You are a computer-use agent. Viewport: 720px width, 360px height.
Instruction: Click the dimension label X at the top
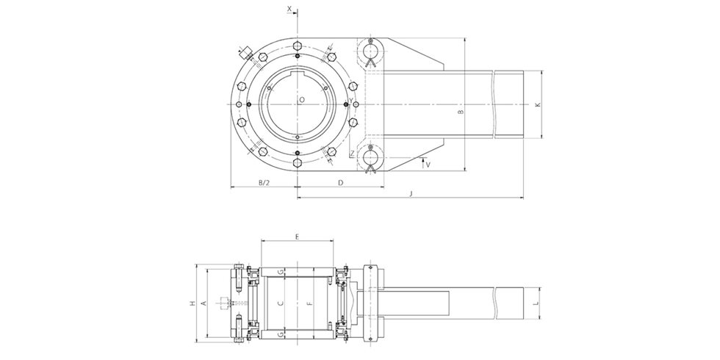[289, 9]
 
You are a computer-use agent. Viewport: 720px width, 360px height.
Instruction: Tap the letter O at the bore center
[301, 99]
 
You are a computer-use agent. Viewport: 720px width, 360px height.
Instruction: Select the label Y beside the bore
[351, 101]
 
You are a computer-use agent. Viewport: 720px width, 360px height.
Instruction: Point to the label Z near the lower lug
[353, 154]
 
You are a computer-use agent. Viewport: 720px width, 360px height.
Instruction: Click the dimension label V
[428, 165]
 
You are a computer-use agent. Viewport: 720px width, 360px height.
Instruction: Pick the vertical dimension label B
[460, 114]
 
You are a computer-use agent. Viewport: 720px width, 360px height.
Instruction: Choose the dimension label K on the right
[538, 105]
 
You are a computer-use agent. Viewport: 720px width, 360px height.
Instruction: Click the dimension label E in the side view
[296, 237]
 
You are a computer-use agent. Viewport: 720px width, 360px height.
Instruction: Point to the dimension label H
[192, 303]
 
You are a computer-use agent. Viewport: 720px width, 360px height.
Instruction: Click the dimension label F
[309, 303]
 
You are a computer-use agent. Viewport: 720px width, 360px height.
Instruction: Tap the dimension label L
[537, 303]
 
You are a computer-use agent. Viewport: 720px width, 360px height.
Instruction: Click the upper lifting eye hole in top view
[372, 50]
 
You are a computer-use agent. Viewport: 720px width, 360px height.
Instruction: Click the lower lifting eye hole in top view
[372, 155]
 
